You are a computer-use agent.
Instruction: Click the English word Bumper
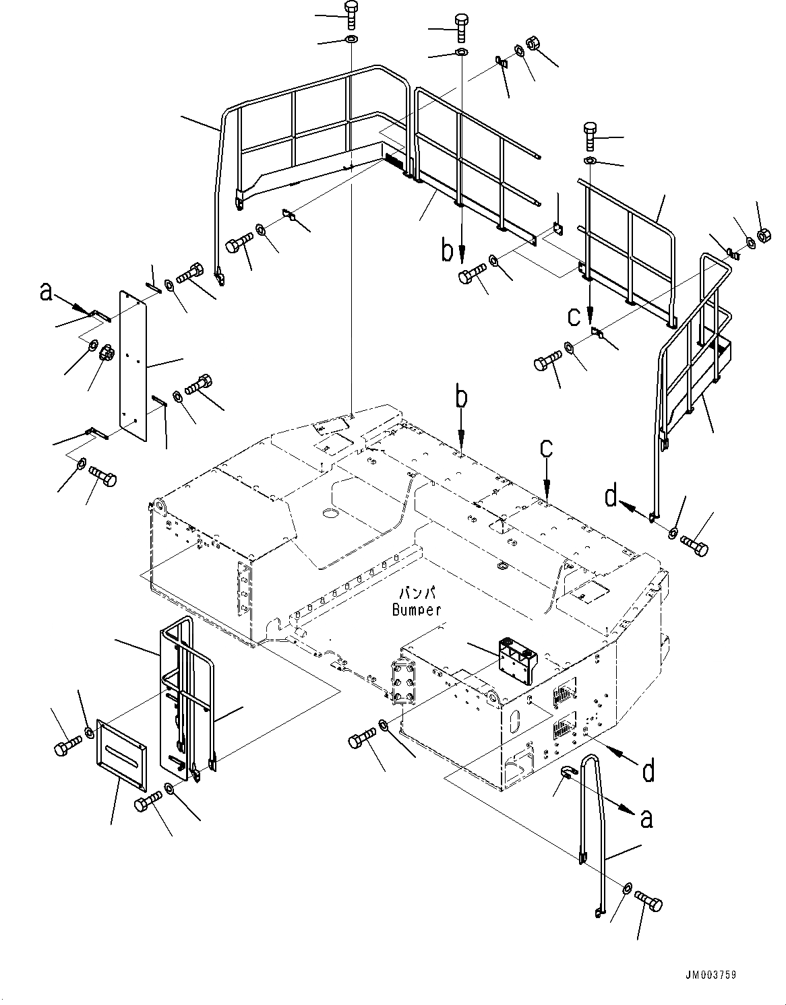416,610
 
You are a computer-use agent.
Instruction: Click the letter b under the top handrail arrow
447,251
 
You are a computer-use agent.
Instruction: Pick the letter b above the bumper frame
460,397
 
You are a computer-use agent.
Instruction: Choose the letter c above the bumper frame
546,449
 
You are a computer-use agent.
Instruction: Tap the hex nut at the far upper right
764,235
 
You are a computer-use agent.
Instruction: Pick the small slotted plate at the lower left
121,752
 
